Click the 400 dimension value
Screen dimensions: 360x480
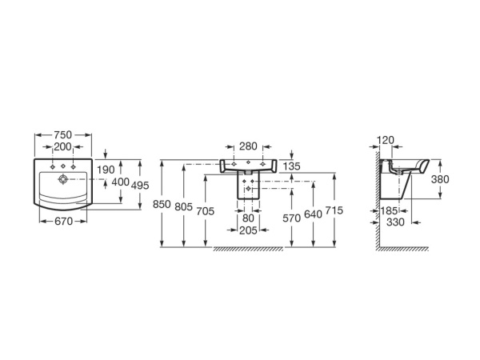(x=120, y=183)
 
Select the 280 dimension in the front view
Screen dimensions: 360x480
(x=247, y=146)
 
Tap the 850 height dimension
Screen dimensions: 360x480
(x=162, y=205)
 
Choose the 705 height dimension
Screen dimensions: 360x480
(x=206, y=211)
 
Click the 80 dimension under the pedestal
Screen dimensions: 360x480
(x=248, y=218)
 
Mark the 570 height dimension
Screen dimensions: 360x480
(x=291, y=218)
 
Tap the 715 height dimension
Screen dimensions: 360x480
(x=334, y=210)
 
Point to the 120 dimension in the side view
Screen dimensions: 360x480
(x=386, y=141)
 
